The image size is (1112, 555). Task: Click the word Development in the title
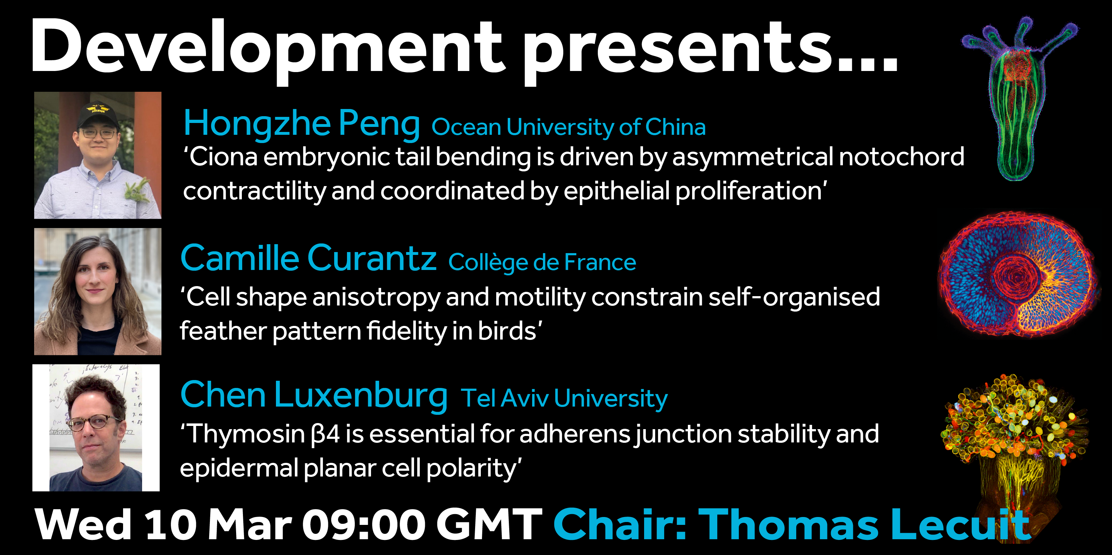(x=268, y=47)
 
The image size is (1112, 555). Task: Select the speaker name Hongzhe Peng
(x=302, y=124)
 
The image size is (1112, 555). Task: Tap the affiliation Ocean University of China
(x=568, y=127)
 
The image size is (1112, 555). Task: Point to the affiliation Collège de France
(x=542, y=262)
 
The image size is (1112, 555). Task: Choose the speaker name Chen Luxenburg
(x=314, y=395)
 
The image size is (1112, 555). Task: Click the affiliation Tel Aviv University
(x=564, y=398)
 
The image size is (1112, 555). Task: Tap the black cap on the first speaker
(x=97, y=114)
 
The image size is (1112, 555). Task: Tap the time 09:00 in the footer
(x=364, y=525)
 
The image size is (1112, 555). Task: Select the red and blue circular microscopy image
(x=1019, y=274)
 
